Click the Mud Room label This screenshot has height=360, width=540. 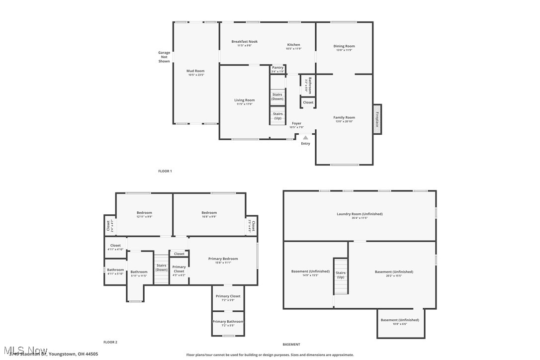(195, 71)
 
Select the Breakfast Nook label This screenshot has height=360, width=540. (245, 42)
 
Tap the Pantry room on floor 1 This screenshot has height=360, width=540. (278, 69)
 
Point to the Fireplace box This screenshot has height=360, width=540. (377, 119)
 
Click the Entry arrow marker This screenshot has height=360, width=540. (305, 138)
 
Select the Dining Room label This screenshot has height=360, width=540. (344, 46)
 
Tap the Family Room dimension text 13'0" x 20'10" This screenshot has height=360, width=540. (344, 122)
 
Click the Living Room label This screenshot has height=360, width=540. (244, 100)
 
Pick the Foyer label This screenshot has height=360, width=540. (296, 123)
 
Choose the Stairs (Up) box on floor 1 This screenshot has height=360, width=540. (277, 116)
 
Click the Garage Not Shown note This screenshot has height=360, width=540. (164, 57)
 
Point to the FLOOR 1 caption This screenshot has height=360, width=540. (165, 171)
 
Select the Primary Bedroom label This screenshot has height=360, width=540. (223, 259)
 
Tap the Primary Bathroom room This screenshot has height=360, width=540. (228, 323)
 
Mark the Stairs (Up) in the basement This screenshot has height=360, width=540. (341, 275)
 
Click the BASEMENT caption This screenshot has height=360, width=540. (291, 344)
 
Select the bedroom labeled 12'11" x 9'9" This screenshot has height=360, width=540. (144, 214)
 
